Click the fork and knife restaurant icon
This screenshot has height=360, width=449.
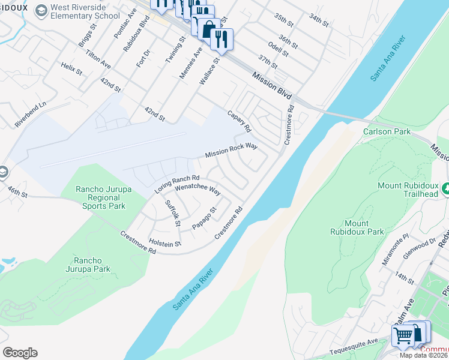click(221, 40)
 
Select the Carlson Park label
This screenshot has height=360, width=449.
click(385, 131)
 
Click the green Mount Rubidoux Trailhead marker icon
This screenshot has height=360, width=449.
click(445, 189)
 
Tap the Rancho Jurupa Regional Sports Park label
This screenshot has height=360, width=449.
click(100, 197)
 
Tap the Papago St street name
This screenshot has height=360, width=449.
click(204, 218)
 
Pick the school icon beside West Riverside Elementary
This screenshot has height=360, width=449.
click(41, 10)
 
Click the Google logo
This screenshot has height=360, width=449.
click(20, 352)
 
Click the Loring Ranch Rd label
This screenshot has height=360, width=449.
click(177, 184)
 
